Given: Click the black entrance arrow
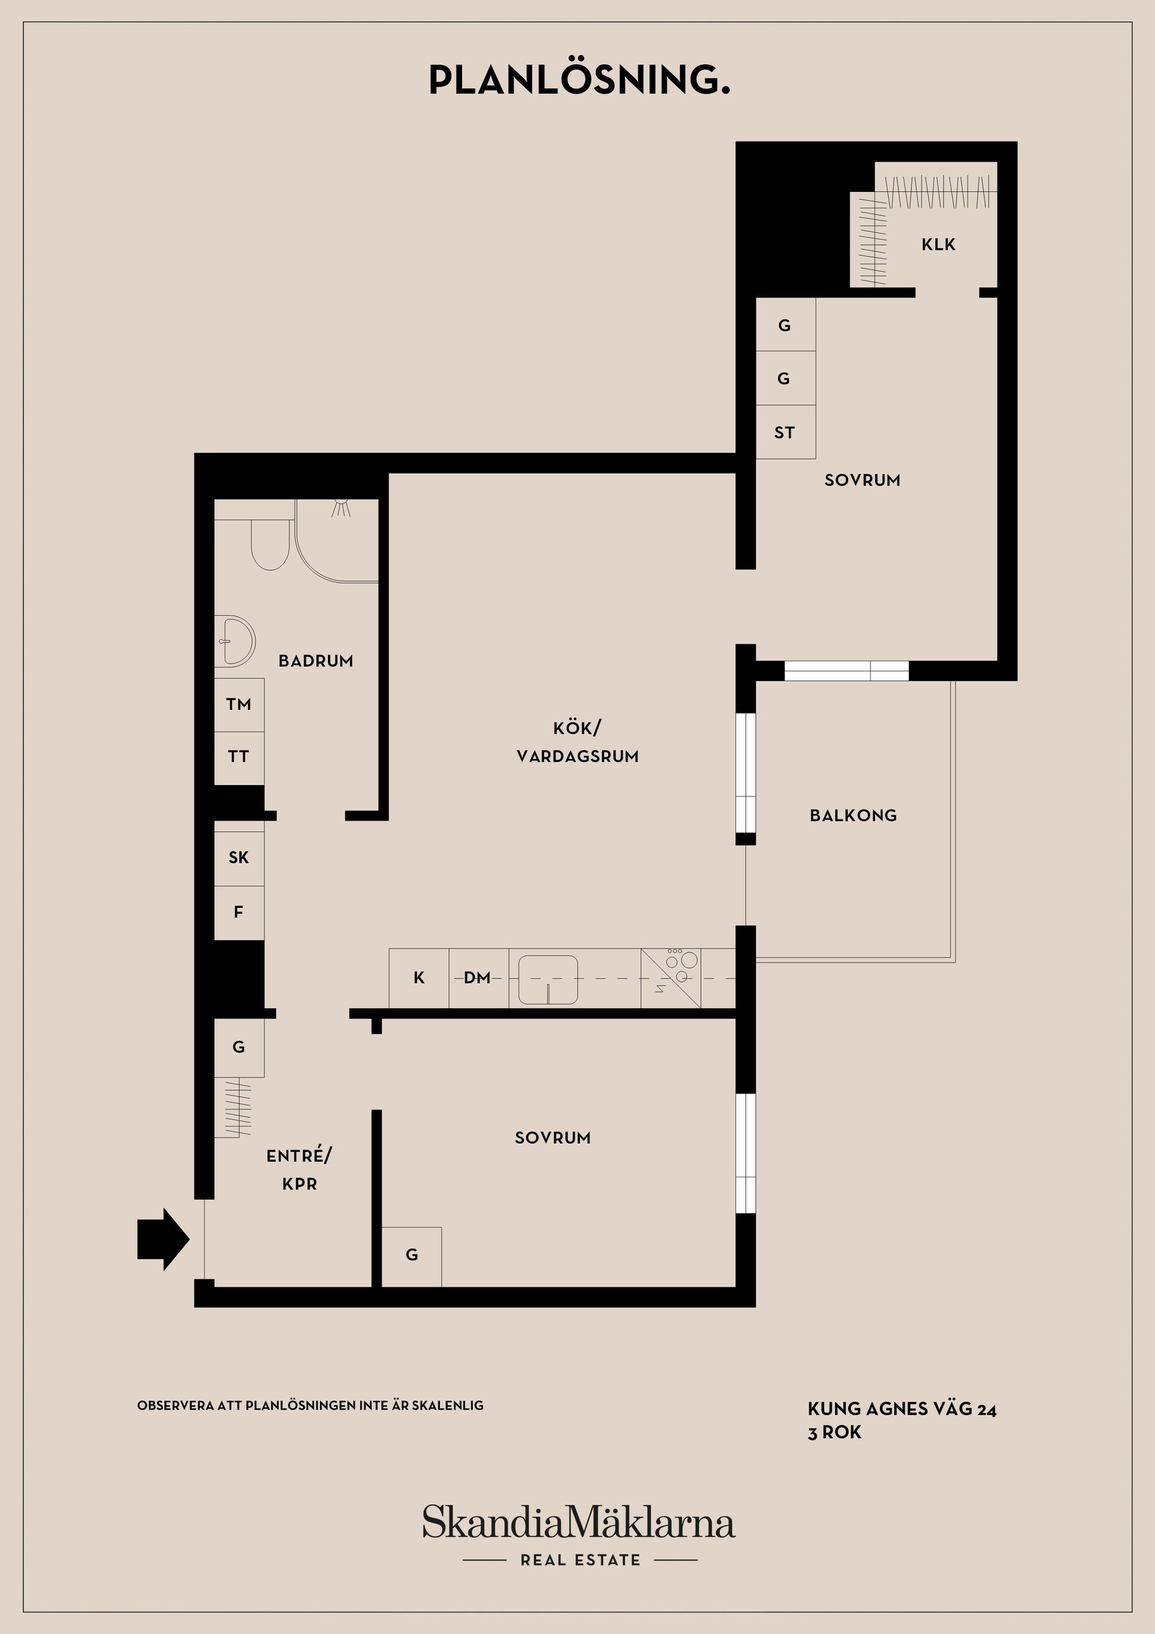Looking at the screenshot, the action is (163, 1239).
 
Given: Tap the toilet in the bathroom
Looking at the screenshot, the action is (269, 544).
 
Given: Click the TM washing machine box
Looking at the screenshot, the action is (239, 704).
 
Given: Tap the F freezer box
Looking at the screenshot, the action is (239, 913).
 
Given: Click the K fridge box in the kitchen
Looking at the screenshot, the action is (419, 978).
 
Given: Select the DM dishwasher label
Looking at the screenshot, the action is (477, 978).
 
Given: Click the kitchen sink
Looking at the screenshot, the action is (548, 980).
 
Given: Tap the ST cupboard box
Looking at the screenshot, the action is (785, 432).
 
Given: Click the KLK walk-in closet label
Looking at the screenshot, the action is (938, 245).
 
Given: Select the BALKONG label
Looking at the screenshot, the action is (853, 816).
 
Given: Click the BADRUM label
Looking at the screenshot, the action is (316, 661).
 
